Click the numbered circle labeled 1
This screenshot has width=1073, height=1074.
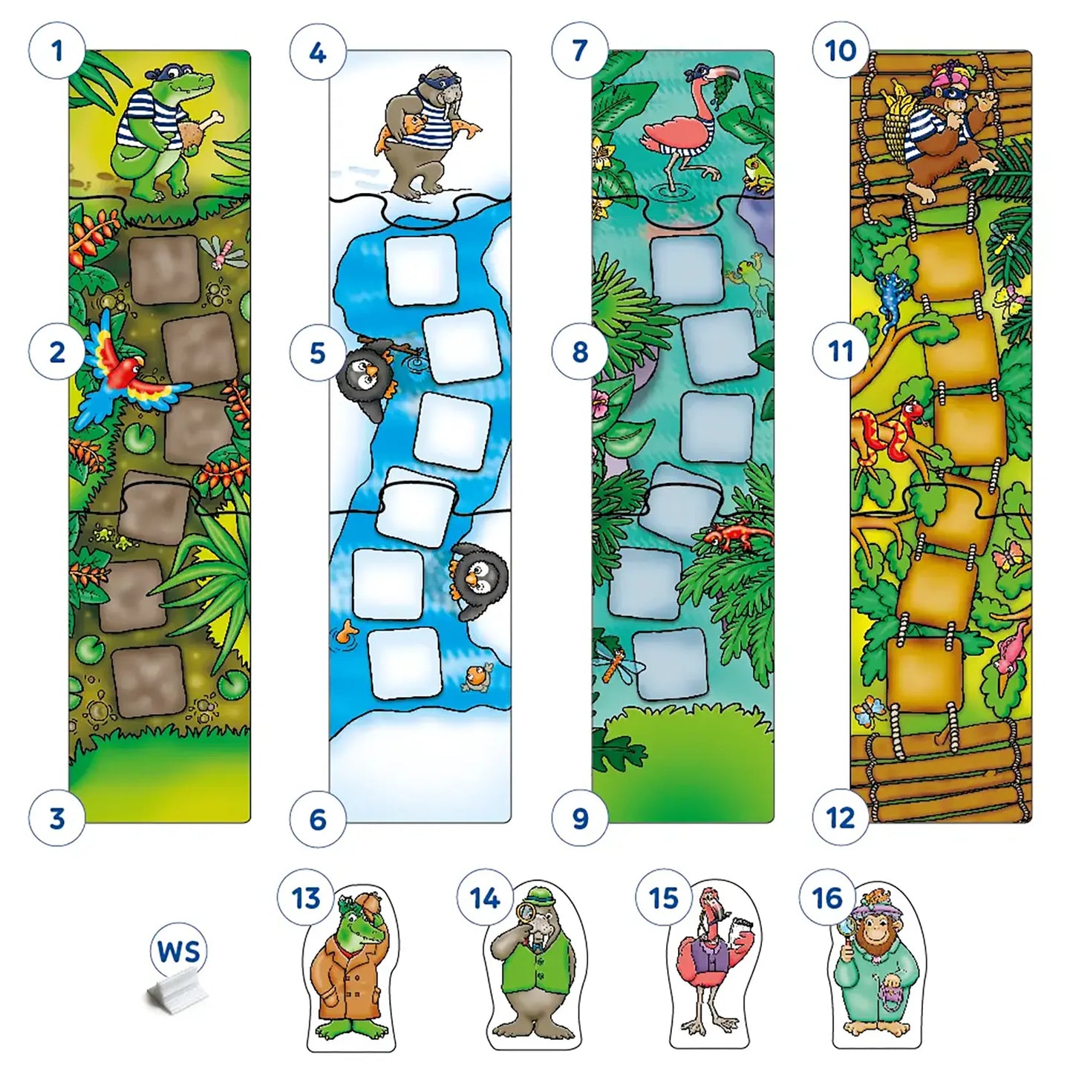click(57, 51)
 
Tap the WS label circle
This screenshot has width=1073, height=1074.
click(179, 951)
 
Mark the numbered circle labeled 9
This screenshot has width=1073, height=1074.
click(580, 818)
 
